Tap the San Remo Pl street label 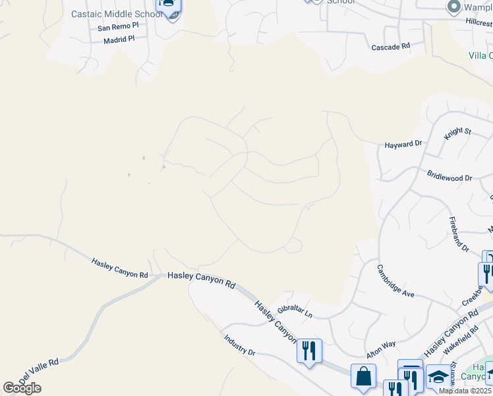tap(118, 28)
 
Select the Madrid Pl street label tap(119, 40)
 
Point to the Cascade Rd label tap(391, 47)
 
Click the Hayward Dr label tap(403, 144)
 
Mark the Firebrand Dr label tap(459, 234)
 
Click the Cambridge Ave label tap(395, 281)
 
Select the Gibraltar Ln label tap(294, 311)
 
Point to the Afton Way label tap(380, 345)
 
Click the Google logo tap(22, 388)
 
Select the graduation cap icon tap(438, 377)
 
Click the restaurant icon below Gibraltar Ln tap(309, 349)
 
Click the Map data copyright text tap(465, 391)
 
